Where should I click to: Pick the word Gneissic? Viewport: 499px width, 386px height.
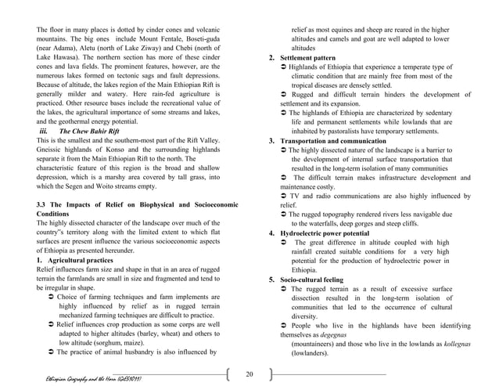tap(52, 150)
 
